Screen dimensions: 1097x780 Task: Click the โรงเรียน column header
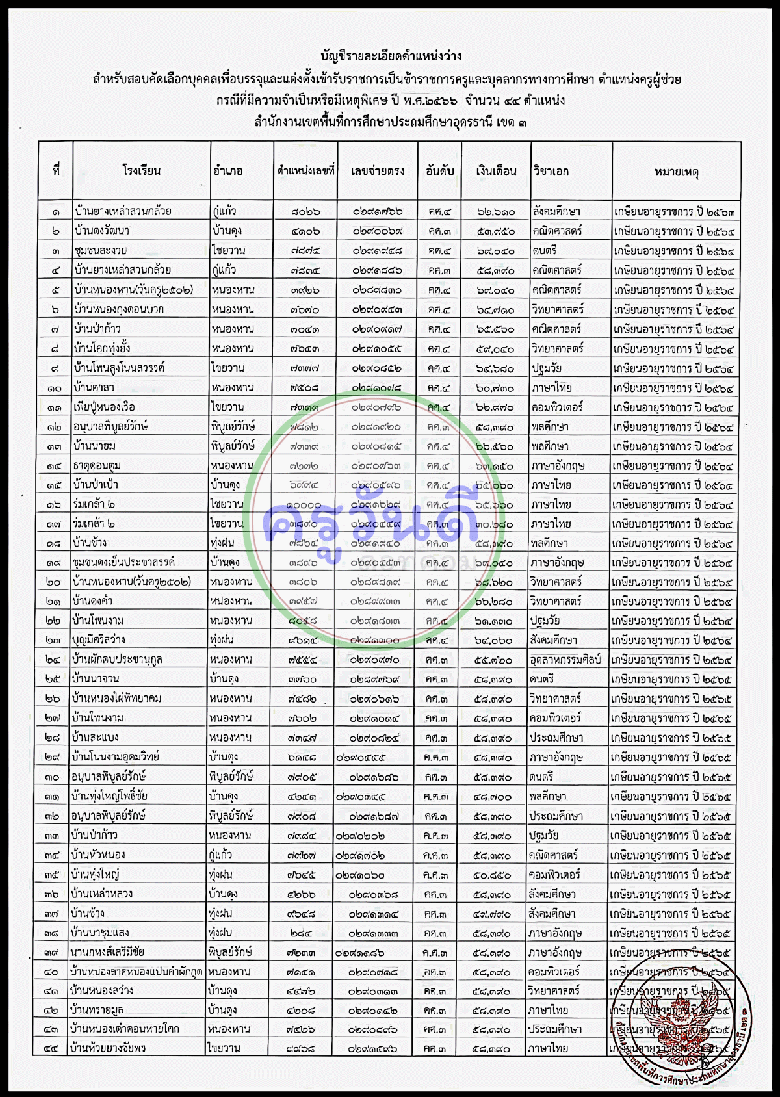coord(141,171)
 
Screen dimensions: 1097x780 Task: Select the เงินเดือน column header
coord(496,171)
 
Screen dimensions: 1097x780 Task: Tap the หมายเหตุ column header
coord(676,172)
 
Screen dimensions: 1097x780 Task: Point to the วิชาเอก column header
coord(551,171)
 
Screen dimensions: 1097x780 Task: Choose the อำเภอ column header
coord(228,171)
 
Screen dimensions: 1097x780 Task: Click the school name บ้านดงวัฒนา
coord(102,231)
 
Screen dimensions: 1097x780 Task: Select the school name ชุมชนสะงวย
coord(100,250)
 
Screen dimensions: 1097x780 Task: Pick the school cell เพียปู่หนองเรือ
coord(105,407)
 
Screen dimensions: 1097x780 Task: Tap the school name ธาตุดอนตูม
coord(97,465)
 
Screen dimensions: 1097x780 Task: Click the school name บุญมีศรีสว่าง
coord(99,640)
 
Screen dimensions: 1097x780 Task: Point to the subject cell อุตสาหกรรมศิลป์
coord(565,660)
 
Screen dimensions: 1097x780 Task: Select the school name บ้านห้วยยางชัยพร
coord(108,1048)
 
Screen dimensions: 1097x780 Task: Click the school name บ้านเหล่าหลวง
coord(102,894)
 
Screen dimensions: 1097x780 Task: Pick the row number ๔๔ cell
coord(51,1048)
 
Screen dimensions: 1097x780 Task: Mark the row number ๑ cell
coord(55,211)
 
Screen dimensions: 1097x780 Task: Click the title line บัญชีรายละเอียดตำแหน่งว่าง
coord(391,57)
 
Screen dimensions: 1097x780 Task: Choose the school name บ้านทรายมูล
coord(97,1010)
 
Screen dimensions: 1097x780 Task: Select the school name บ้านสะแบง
coord(96,738)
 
